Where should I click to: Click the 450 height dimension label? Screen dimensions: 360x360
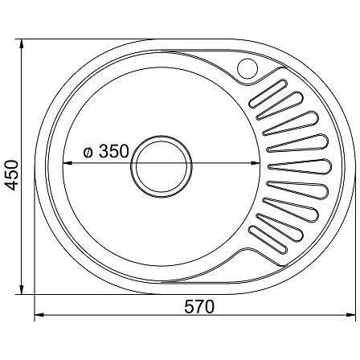click(x=12, y=175)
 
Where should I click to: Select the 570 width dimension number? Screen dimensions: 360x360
click(x=199, y=306)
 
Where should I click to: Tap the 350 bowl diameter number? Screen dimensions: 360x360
click(x=113, y=151)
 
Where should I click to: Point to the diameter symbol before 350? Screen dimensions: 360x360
click(x=88, y=153)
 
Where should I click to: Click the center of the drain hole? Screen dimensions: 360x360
click(x=162, y=166)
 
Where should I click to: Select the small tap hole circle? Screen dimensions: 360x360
click(x=247, y=68)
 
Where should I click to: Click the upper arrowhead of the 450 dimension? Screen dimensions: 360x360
click(x=22, y=45)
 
